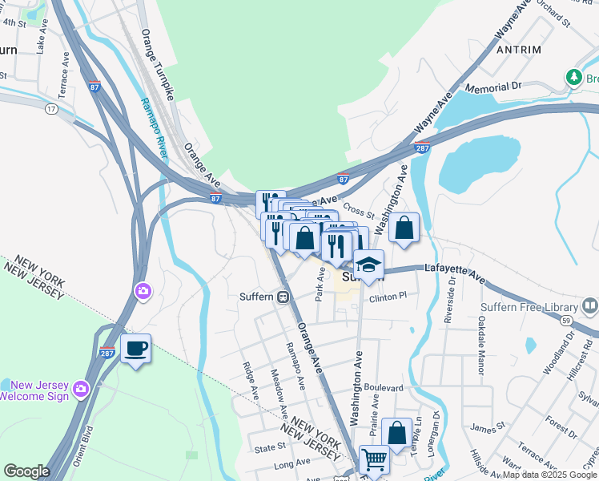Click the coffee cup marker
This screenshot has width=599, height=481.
(x=135, y=349)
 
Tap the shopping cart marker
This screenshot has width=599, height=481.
(x=374, y=460)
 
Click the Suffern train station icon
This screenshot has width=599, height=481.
(x=283, y=297)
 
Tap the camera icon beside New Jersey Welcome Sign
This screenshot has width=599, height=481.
(x=80, y=389)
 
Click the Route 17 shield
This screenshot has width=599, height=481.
(x=51, y=108)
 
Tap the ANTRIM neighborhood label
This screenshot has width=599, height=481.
(x=519, y=50)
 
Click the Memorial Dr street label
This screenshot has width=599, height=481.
(x=493, y=86)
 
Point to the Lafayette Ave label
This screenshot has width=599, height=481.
(x=455, y=273)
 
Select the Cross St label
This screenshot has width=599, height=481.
(x=359, y=209)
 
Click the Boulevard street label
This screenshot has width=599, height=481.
(x=383, y=387)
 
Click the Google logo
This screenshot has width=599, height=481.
(x=26, y=471)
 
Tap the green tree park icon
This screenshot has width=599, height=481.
(x=573, y=77)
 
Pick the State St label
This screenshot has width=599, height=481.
(x=271, y=447)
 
